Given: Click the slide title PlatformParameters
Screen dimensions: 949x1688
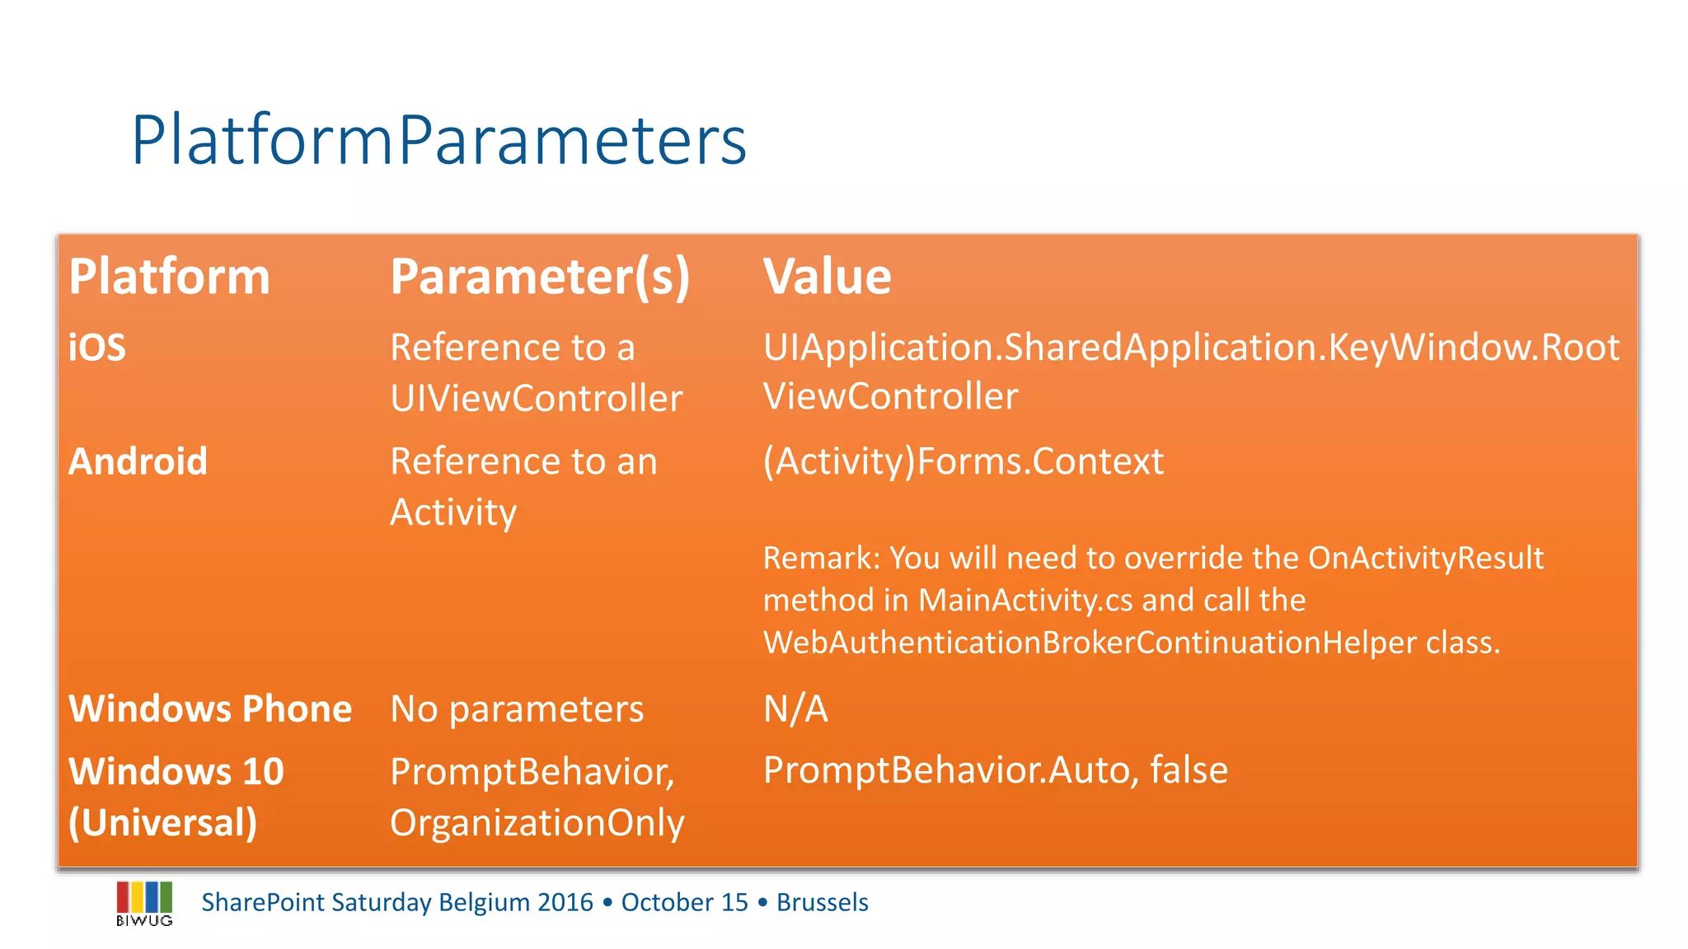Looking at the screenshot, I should [438, 140].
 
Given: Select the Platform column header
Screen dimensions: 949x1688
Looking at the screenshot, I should [169, 276].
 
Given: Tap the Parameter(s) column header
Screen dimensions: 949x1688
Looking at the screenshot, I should [540, 276].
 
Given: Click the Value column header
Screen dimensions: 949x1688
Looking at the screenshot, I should [827, 276].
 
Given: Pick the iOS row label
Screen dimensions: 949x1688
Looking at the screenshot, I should [96, 348].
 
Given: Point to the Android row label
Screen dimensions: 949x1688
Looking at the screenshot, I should [138, 461].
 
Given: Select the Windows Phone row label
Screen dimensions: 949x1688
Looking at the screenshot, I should [210, 708].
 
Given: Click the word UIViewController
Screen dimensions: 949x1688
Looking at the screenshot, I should [536, 399].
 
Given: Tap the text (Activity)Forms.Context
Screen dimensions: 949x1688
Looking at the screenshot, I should [963, 461].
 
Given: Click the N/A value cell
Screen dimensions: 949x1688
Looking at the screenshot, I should [795, 708].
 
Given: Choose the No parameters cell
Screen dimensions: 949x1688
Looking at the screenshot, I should [517, 708].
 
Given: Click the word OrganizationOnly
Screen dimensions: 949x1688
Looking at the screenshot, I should [537, 823].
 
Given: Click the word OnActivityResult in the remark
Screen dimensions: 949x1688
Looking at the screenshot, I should [1425, 559].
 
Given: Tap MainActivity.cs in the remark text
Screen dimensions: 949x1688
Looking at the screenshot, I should [1025, 601].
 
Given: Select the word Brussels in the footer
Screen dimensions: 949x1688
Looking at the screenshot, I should [822, 903].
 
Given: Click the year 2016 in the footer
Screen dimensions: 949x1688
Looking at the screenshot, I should [565, 903].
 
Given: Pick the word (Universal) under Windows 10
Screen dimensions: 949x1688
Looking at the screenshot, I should [162, 823].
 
